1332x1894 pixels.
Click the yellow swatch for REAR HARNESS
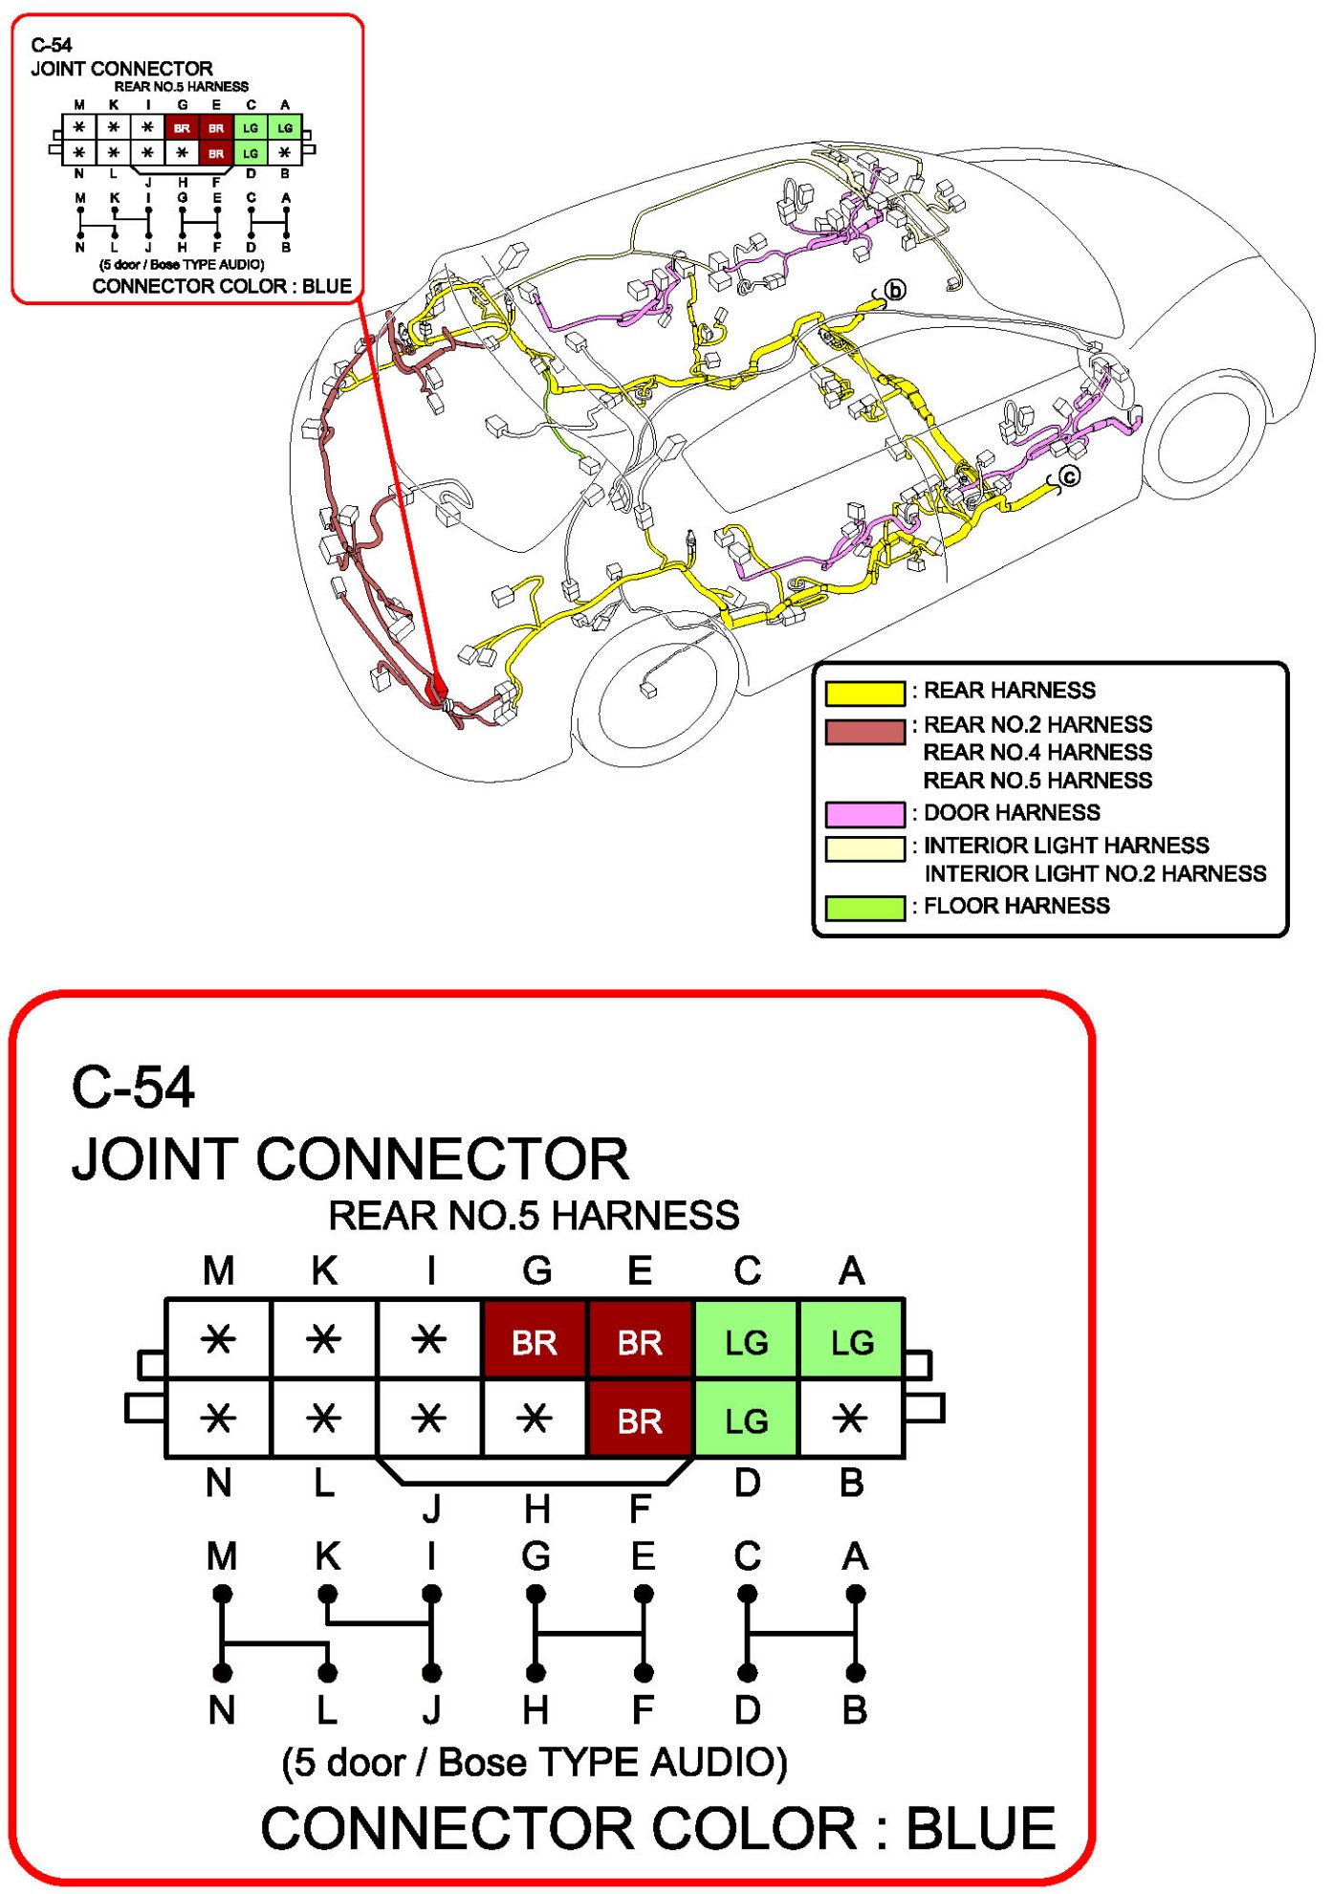pyautogui.click(x=864, y=693)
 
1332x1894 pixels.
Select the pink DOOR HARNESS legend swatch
pyautogui.click(x=864, y=814)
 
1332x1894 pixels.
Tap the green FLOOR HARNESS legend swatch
pyautogui.click(x=864, y=907)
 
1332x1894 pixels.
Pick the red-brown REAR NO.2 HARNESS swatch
pyautogui.click(x=864, y=732)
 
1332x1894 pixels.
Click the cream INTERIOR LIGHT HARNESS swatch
pyautogui.click(x=864, y=848)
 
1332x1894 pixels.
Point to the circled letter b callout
pyautogui.click(x=895, y=290)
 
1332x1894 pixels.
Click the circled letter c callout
pyautogui.click(x=1070, y=476)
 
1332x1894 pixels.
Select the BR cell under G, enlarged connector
pyautogui.click(x=535, y=1342)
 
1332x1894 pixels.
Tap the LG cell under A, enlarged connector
pyautogui.click(x=851, y=1342)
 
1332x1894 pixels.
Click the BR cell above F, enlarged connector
pyautogui.click(x=640, y=1420)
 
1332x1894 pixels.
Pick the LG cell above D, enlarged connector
pyautogui.click(x=746, y=1420)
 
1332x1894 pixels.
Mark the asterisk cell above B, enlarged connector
pyautogui.click(x=851, y=1419)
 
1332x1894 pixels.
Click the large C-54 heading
pyautogui.click(x=133, y=1088)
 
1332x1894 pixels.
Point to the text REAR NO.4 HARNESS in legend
pyautogui.click(x=1037, y=753)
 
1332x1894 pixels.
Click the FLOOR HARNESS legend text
pyautogui.click(x=1016, y=906)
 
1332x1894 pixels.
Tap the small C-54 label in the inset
pyautogui.click(x=52, y=45)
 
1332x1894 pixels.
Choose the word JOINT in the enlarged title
pyautogui.click(x=154, y=1159)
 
